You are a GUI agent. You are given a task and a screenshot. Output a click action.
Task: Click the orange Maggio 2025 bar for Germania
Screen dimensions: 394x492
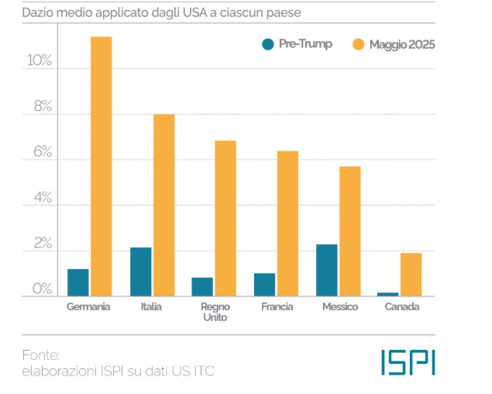pyautogui.click(x=101, y=166)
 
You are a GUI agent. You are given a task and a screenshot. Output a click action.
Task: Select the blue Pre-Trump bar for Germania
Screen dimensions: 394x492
pyautogui.click(x=78, y=282)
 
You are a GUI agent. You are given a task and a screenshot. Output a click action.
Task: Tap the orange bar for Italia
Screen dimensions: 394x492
pyautogui.click(x=163, y=205)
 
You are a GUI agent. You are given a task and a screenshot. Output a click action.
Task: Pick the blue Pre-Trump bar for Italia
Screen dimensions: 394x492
pyautogui.click(x=140, y=271)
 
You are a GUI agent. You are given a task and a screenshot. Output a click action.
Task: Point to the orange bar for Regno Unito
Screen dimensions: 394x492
pyautogui.click(x=225, y=218)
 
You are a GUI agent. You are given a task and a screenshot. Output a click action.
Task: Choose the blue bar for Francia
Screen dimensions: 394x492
pyautogui.click(x=264, y=285)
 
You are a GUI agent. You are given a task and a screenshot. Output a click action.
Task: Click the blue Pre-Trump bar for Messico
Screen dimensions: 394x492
pyautogui.click(x=326, y=270)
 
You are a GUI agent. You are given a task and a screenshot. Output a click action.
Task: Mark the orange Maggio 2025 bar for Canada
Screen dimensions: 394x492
pyautogui.click(x=411, y=275)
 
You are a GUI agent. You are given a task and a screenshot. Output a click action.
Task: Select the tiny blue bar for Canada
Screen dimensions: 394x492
pyautogui.click(x=387, y=294)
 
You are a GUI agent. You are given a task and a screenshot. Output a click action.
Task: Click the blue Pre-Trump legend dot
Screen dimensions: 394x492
pyautogui.click(x=268, y=44)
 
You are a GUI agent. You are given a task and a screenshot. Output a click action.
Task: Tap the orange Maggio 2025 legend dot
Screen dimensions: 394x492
pyautogui.click(x=358, y=44)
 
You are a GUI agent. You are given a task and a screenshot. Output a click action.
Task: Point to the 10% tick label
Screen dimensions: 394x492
pyautogui.click(x=38, y=61)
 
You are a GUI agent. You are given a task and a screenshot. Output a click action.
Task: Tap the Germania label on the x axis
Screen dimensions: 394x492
pyautogui.click(x=89, y=307)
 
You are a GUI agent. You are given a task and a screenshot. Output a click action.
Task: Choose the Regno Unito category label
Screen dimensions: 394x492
pyautogui.click(x=215, y=312)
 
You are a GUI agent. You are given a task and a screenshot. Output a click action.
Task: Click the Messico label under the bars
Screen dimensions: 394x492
pyautogui.click(x=339, y=307)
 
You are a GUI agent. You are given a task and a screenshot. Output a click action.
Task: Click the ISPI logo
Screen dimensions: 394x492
pyautogui.click(x=408, y=361)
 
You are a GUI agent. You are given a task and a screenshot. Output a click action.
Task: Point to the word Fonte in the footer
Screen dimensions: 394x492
pyautogui.click(x=41, y=354)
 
